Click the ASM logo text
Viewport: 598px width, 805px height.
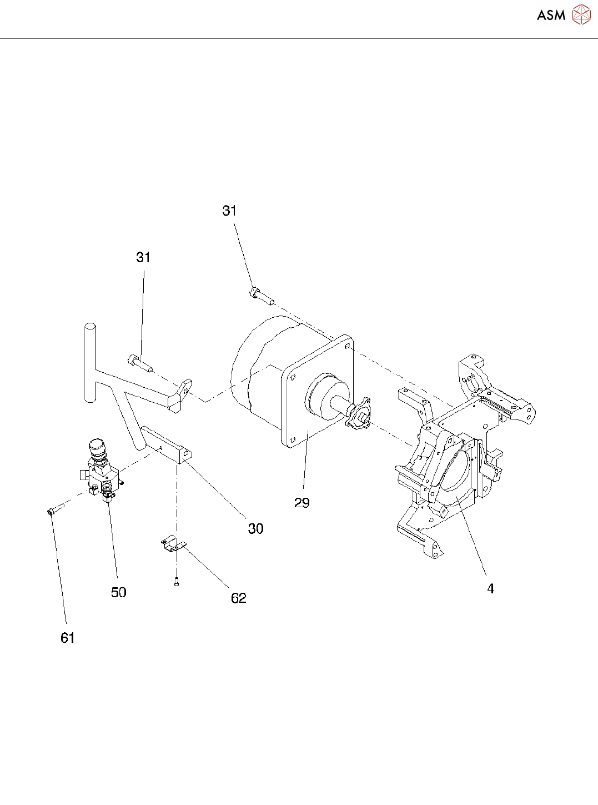[551, 16]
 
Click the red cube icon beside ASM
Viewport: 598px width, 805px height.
[581, 15]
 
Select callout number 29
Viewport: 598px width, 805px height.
[302, 503]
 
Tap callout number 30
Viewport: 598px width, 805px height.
[255, 528]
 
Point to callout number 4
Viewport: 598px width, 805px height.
[490, 588]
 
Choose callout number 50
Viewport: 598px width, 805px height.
[118, 592]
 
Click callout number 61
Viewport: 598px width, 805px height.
[67, 638]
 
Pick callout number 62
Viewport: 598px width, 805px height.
[238, 598]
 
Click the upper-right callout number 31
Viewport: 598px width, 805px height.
[229, 211]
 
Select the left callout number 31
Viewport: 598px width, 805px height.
[143, 257]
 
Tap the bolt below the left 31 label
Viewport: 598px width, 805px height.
[139, 363]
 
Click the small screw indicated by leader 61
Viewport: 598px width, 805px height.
[55, 509]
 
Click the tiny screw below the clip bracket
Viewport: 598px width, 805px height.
[177, 582]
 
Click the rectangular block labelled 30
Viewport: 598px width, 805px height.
[167, 444]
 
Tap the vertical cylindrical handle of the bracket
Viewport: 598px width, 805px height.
[90, 361]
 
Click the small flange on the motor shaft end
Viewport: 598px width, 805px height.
[359, 414]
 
